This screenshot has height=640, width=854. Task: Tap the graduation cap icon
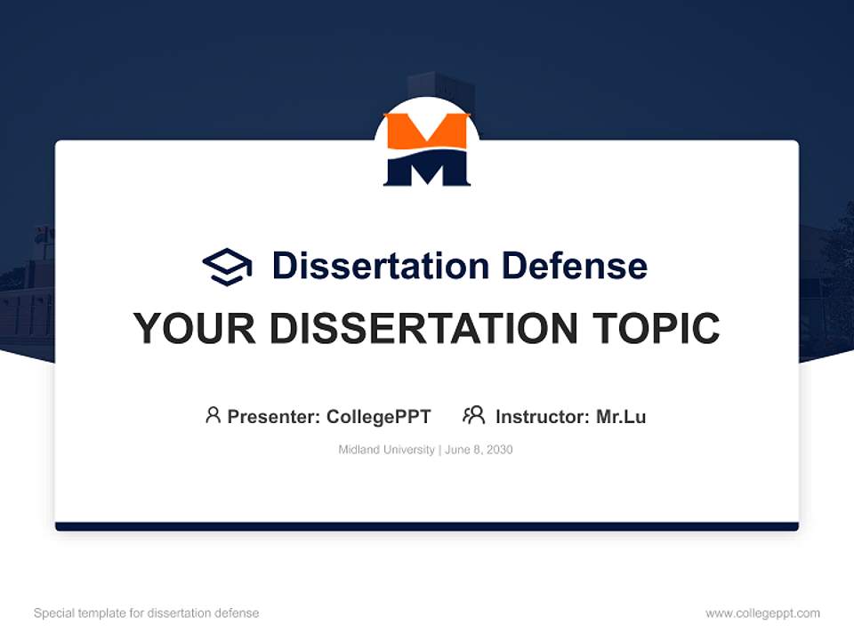227,266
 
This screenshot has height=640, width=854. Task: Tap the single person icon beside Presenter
213,415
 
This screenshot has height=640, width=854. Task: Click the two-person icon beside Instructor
473,415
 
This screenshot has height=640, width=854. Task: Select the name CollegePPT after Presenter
378,416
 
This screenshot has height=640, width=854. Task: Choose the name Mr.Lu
621,416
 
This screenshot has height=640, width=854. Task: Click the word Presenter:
274,416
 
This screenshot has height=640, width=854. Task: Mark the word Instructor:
543,416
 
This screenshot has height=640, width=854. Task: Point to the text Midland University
386,450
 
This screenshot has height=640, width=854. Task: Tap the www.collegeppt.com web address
762,613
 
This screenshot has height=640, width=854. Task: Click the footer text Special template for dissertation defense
147,613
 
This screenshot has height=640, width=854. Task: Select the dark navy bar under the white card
426,526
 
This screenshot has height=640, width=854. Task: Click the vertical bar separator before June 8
439,450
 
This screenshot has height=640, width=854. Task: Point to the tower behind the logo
440,87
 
